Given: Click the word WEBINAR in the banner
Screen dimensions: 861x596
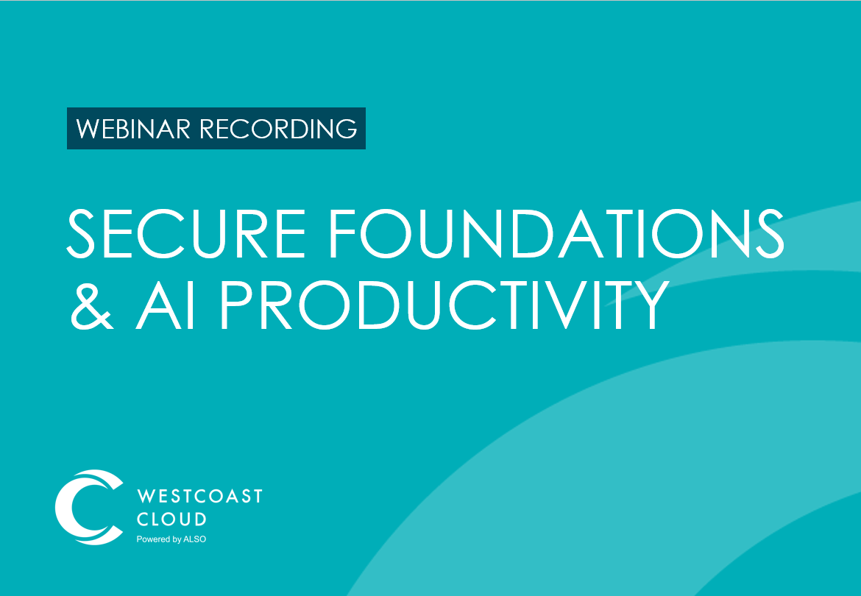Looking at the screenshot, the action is coord(133,129).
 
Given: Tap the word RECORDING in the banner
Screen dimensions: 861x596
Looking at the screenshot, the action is coord(278,129).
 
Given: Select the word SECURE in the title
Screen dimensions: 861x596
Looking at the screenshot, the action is coord(186,233).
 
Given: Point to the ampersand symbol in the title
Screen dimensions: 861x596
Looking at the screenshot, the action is coord(92,305).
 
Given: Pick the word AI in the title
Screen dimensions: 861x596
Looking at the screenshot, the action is coord(166,305).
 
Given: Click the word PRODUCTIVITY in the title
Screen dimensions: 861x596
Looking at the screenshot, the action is coord(445,305).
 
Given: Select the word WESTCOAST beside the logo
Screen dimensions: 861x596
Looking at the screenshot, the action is coord(200,496).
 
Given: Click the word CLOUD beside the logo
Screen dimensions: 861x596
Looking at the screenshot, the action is coord(172,519).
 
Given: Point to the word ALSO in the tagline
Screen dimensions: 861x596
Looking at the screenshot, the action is coord(195,539).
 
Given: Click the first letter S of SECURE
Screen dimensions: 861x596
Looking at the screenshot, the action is coord(81,233).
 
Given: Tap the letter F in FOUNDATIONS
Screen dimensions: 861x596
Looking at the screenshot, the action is coord(341,233).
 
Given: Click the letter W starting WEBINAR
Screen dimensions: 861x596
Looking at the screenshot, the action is coord(88,129).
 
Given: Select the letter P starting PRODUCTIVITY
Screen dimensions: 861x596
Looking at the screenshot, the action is coord(236,305).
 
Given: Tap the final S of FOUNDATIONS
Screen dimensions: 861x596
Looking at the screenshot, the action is coord(770,233).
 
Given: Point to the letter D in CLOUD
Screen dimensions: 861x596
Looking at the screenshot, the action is coord(200,519).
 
